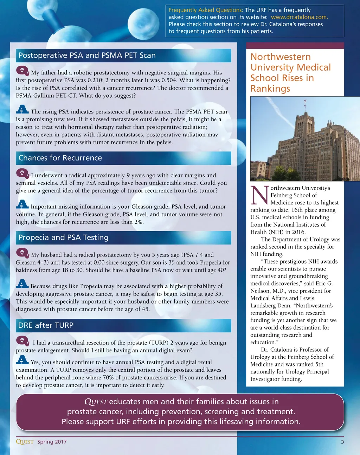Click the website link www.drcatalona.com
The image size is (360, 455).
299,17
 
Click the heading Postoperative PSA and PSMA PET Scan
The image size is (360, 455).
87,55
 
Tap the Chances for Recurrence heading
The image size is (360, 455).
60,158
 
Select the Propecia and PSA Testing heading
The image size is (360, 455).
63,238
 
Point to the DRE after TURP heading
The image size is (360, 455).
46,325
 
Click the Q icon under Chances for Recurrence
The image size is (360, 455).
22,174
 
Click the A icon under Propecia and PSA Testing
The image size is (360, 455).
22,284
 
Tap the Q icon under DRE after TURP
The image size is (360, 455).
22,341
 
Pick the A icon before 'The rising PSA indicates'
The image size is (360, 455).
22,109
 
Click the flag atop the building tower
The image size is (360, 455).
305,102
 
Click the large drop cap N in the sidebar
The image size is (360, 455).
260,195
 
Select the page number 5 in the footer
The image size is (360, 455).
342,442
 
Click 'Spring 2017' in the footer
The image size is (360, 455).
52,442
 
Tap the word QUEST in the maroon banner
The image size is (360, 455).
96,402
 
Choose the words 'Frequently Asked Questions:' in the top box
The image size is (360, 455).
206,10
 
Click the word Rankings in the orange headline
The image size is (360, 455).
270,89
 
